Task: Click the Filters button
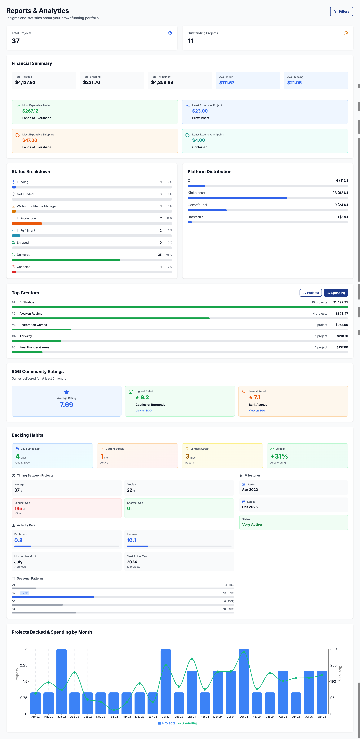tap(341, 11)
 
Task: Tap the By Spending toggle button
tap(336, 293)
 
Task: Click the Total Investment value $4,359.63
tap(162, 83)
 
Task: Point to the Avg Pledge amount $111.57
tap(227, 83)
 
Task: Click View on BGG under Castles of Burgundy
tap(143, 411)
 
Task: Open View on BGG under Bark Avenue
tap(257, 411)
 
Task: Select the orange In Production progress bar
tap(27, 223)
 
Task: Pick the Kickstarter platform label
tap(196, 193)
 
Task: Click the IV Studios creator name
tap(27, 302)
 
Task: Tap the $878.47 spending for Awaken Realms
tap(342, 314)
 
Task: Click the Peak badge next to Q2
tap(25, 593)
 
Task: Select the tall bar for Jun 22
tap(61, 681)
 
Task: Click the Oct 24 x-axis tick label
tap(244, 717)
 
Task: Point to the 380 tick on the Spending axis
tap(333, 649)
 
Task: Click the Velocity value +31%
tap(279, 456)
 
